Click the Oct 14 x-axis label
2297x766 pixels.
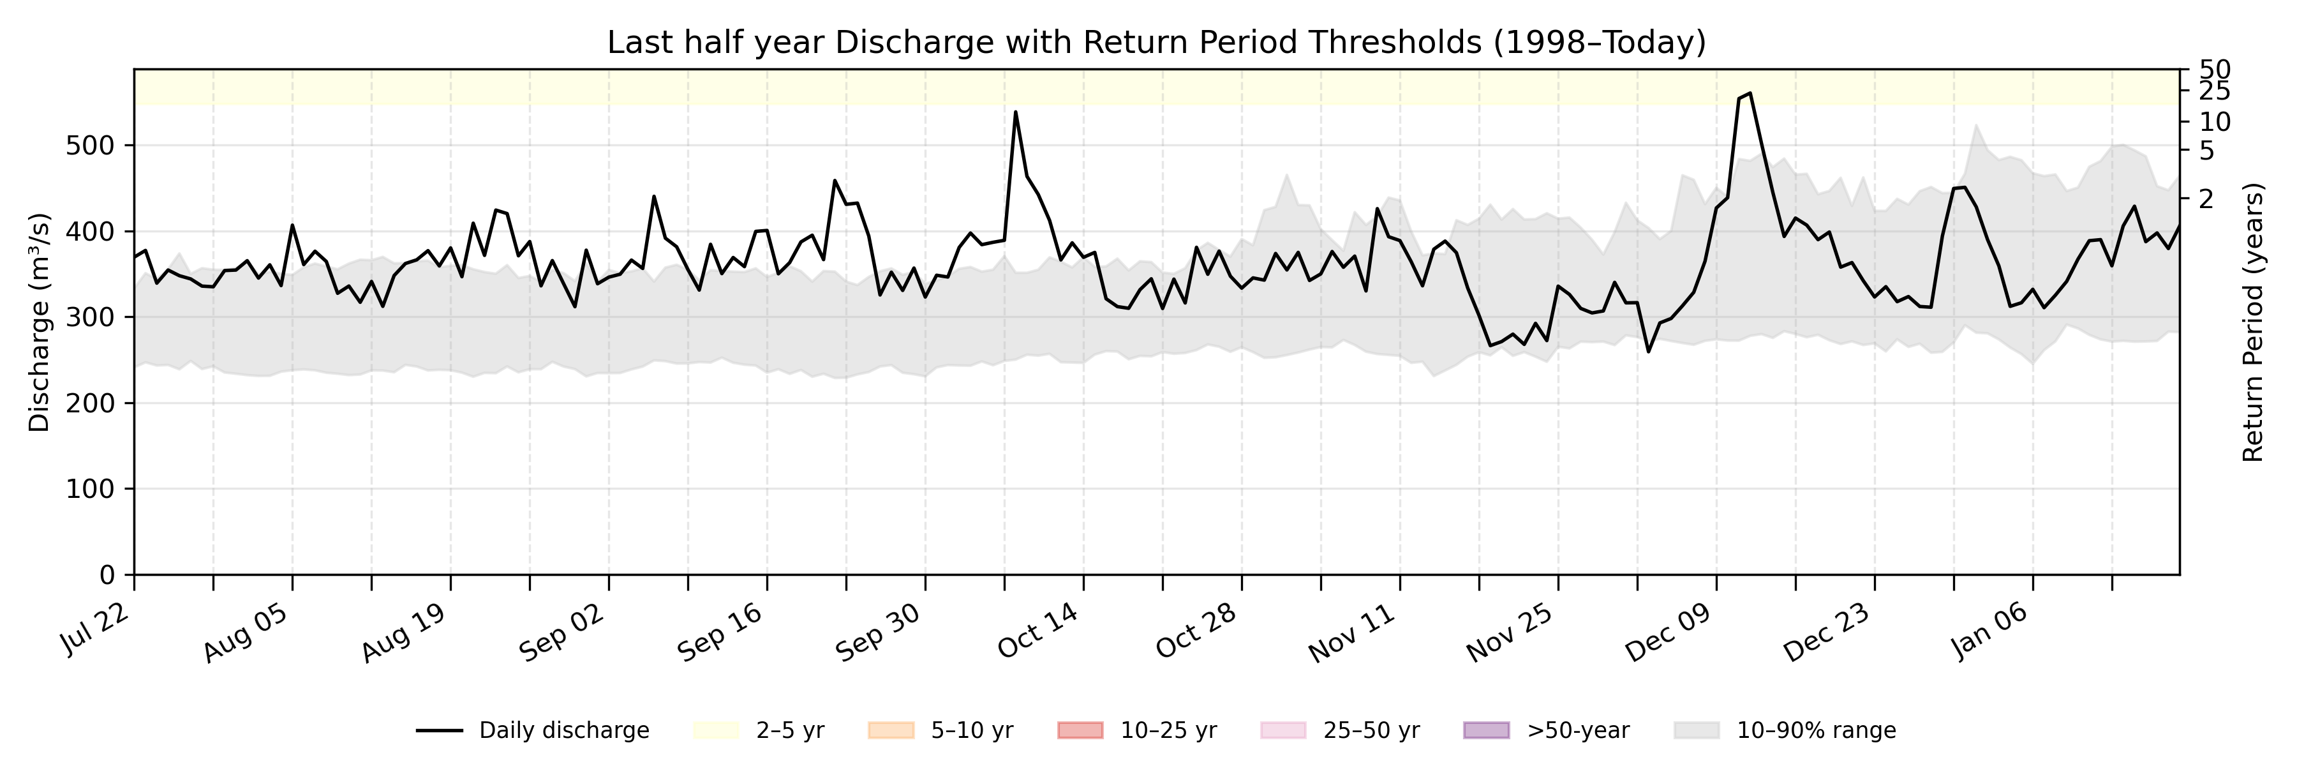point(1038,632)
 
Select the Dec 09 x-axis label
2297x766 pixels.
point(1669,632)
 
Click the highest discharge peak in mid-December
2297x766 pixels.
point(1750,93)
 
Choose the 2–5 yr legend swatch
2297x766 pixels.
point(716,730)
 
